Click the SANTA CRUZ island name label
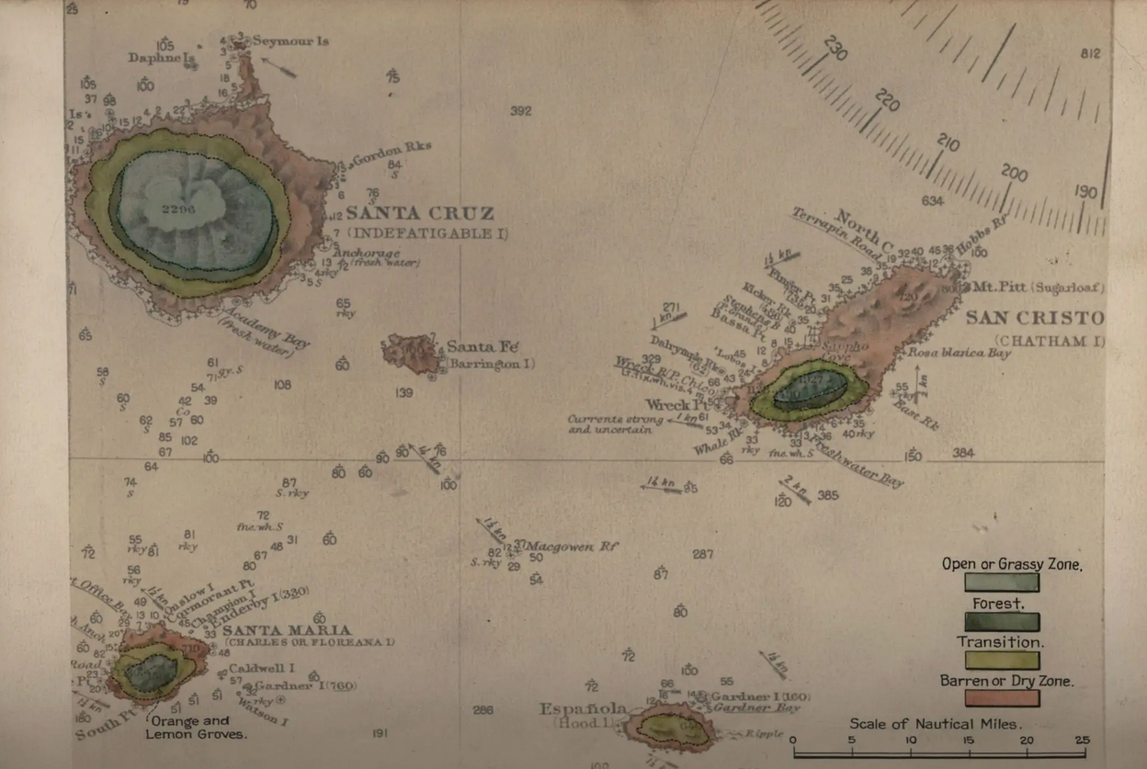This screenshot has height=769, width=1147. click(419, 214)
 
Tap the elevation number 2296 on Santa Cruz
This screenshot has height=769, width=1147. click(178, 209)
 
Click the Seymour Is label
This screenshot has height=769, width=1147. click(290, 41)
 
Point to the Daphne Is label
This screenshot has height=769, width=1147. click(162, 58)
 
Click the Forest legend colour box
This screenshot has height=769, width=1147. click(1002, 622)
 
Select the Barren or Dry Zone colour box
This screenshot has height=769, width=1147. click(1002, 698)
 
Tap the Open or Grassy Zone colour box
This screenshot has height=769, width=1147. click(1002, 582)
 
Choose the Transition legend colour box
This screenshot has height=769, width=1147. click(1002, 660)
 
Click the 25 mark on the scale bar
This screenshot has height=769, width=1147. click(1082, 741)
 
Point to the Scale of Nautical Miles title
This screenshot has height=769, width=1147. click(935, 724)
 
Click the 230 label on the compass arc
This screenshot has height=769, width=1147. click(835, 49)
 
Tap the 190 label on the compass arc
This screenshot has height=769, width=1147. click(1086, 192)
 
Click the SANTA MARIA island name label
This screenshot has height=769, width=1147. click(287, 630)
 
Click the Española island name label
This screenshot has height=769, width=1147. click(584, 708)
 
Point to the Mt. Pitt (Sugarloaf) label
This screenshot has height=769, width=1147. click(1038, 288)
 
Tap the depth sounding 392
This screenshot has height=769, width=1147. click(521, 111)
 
